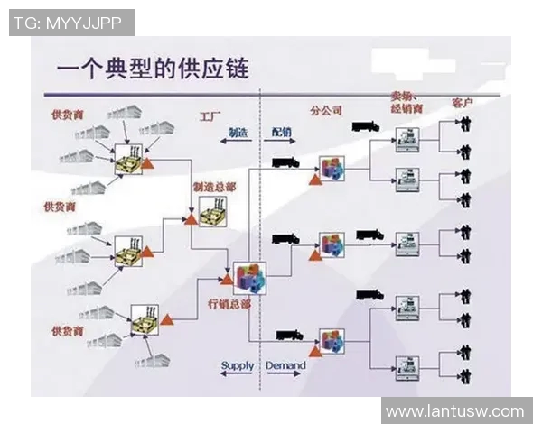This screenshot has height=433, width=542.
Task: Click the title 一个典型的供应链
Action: [x=152, y=69]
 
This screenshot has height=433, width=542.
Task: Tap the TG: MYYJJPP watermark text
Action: [x=70, y=23]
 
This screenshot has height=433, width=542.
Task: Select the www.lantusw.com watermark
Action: [x=454, y=411]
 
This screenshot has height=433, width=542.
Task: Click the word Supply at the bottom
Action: [x=238, y=365]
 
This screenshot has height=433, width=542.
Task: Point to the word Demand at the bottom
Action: [x=285, y=365]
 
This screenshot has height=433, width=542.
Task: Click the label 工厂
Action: [x=210, y=117]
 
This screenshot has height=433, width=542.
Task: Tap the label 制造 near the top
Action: [x=238, y=132]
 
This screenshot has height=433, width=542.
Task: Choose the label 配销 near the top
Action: [x=281, y=132]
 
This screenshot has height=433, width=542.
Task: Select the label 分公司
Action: [x=325, y=110]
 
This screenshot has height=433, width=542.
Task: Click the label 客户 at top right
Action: [x=463, y=105]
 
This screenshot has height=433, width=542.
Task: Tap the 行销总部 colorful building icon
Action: [x=248, y=278]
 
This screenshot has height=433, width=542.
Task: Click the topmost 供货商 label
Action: [x=68, y=115]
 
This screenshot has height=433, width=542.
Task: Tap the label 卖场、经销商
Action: [x=407, y=101]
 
